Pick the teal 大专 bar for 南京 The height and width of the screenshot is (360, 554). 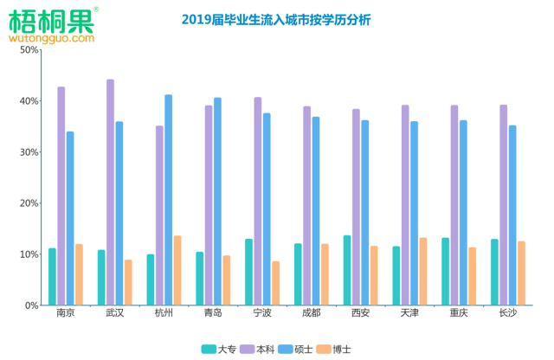[52, 277]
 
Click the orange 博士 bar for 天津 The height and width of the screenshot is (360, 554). [423, 272]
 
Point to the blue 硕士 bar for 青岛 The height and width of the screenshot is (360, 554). [217, 202]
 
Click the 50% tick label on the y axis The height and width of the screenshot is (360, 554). [29, 50]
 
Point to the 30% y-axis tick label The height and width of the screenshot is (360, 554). [29, 152]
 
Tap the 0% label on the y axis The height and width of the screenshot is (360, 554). [31, 305]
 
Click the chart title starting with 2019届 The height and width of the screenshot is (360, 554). [275, 19]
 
